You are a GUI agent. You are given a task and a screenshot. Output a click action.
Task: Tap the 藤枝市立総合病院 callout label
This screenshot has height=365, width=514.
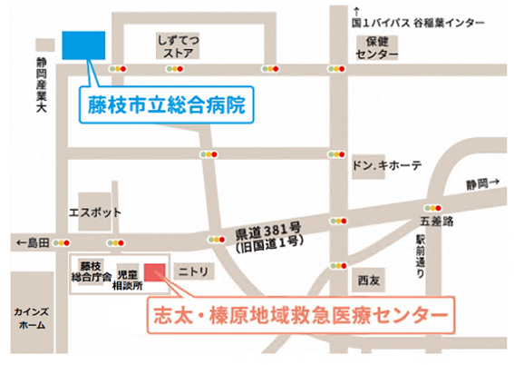pyautogui.click(x=168, y=104)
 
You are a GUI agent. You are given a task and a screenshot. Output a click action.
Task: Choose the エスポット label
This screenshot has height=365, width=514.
pyautogui.click(x=94, y=212)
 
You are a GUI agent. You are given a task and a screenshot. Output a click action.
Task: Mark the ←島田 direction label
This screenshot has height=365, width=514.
pyautogui.click(x=32, y=242)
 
